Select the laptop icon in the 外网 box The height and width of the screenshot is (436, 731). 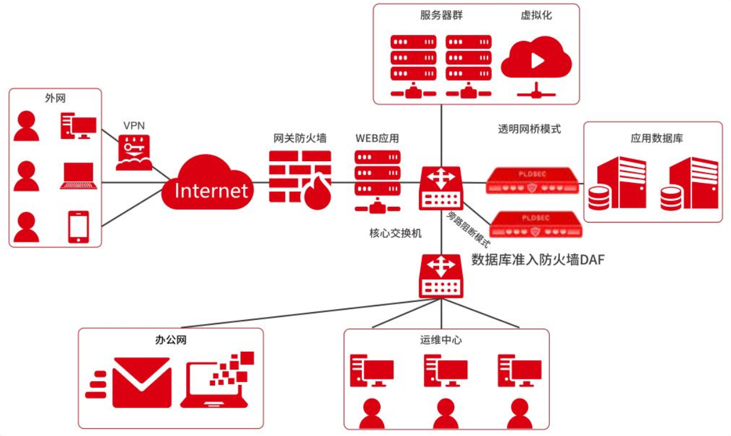click(x=78, y=176)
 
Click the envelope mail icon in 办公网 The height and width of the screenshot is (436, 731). click(x=142, y=382)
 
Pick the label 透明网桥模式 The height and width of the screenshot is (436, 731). click(x=529, y=129)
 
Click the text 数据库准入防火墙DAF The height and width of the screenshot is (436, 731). click(x=537, y=259)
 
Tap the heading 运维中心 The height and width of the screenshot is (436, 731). click(x=441, y=340)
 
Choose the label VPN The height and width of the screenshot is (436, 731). click(x=134, y=126)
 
